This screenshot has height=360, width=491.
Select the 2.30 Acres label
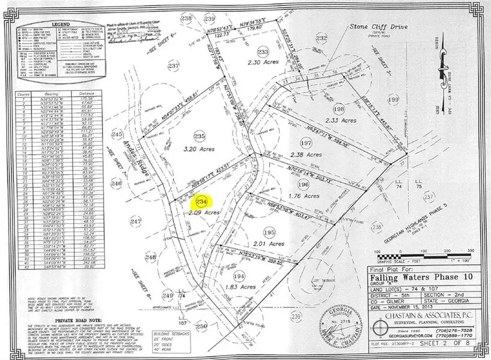click(x=263, y=78)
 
